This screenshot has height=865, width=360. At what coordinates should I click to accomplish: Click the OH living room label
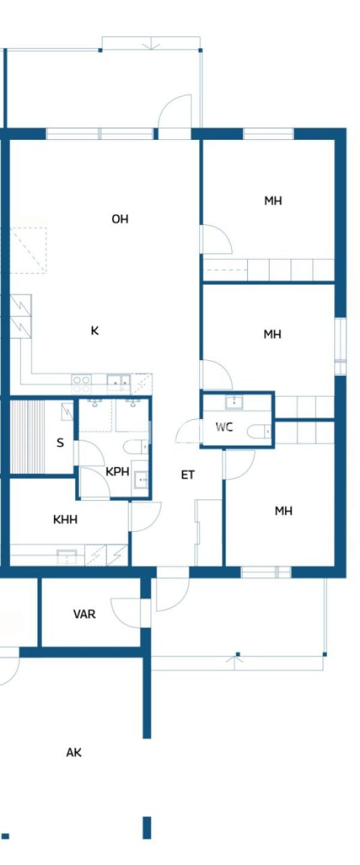[x=120, y=219]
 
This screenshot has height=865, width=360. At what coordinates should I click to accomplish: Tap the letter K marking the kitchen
[x=95, y=330]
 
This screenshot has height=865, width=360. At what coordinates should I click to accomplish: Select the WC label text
[x=224, y=426]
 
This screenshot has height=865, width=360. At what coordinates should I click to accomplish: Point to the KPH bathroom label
[x=117, y=472]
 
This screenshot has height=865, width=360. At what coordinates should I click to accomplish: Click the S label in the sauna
[x=60, y=443]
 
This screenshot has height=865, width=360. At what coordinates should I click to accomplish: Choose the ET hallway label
[x=188, y=475]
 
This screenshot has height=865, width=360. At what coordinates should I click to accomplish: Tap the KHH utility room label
[x=65, y=520]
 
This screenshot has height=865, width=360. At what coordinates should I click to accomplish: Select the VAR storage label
[x=84, y=614]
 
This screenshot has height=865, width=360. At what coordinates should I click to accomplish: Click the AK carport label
[x=74, y=752]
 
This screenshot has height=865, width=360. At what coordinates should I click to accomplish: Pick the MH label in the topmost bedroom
[x=273, y=201]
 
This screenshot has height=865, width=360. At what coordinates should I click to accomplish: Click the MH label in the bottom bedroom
[x=283, y=511]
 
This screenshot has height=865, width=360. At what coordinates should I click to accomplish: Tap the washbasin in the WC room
[x=234, y=403]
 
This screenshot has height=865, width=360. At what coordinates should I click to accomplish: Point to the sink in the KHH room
[x=67, y=557]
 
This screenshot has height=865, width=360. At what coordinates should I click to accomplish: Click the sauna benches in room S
[x=26, y=437]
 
